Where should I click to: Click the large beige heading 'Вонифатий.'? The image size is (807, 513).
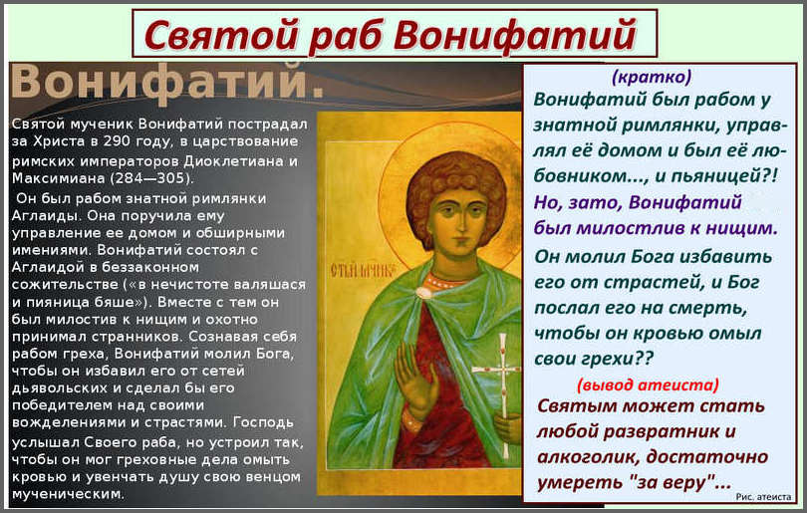click(167, 81)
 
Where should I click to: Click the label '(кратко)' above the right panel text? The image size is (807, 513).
click(652, 77)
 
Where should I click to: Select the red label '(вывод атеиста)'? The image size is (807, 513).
click(648, 385)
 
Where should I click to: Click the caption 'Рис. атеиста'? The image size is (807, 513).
click(763, 496)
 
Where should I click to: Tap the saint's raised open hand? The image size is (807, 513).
click(415, 378)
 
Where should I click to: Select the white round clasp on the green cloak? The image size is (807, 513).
click(424, 294)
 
